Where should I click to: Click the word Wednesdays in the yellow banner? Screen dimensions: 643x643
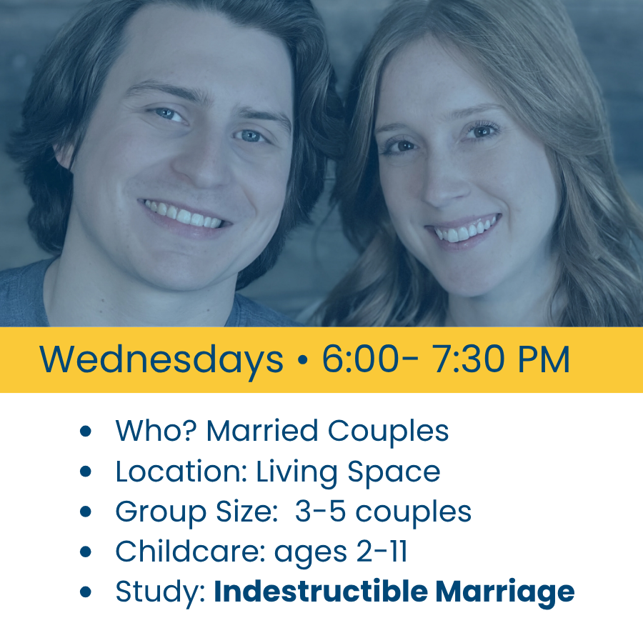tap(161, 360)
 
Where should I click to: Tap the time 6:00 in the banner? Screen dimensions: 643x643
tap(360, 359)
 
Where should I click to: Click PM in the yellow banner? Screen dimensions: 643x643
tap(544, 359)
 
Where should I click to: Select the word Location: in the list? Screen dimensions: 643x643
tap(181, 472)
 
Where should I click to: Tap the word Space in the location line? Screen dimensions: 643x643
tap(394, 473)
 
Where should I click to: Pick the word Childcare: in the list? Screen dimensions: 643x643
tap(191, 551)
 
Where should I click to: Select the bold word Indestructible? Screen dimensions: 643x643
tap(321, 591)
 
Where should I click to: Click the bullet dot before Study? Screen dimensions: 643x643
tap(85, 592)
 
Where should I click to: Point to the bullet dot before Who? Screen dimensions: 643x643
tap(85, 431)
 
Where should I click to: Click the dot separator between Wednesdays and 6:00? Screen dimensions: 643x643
tap(303, 359)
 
